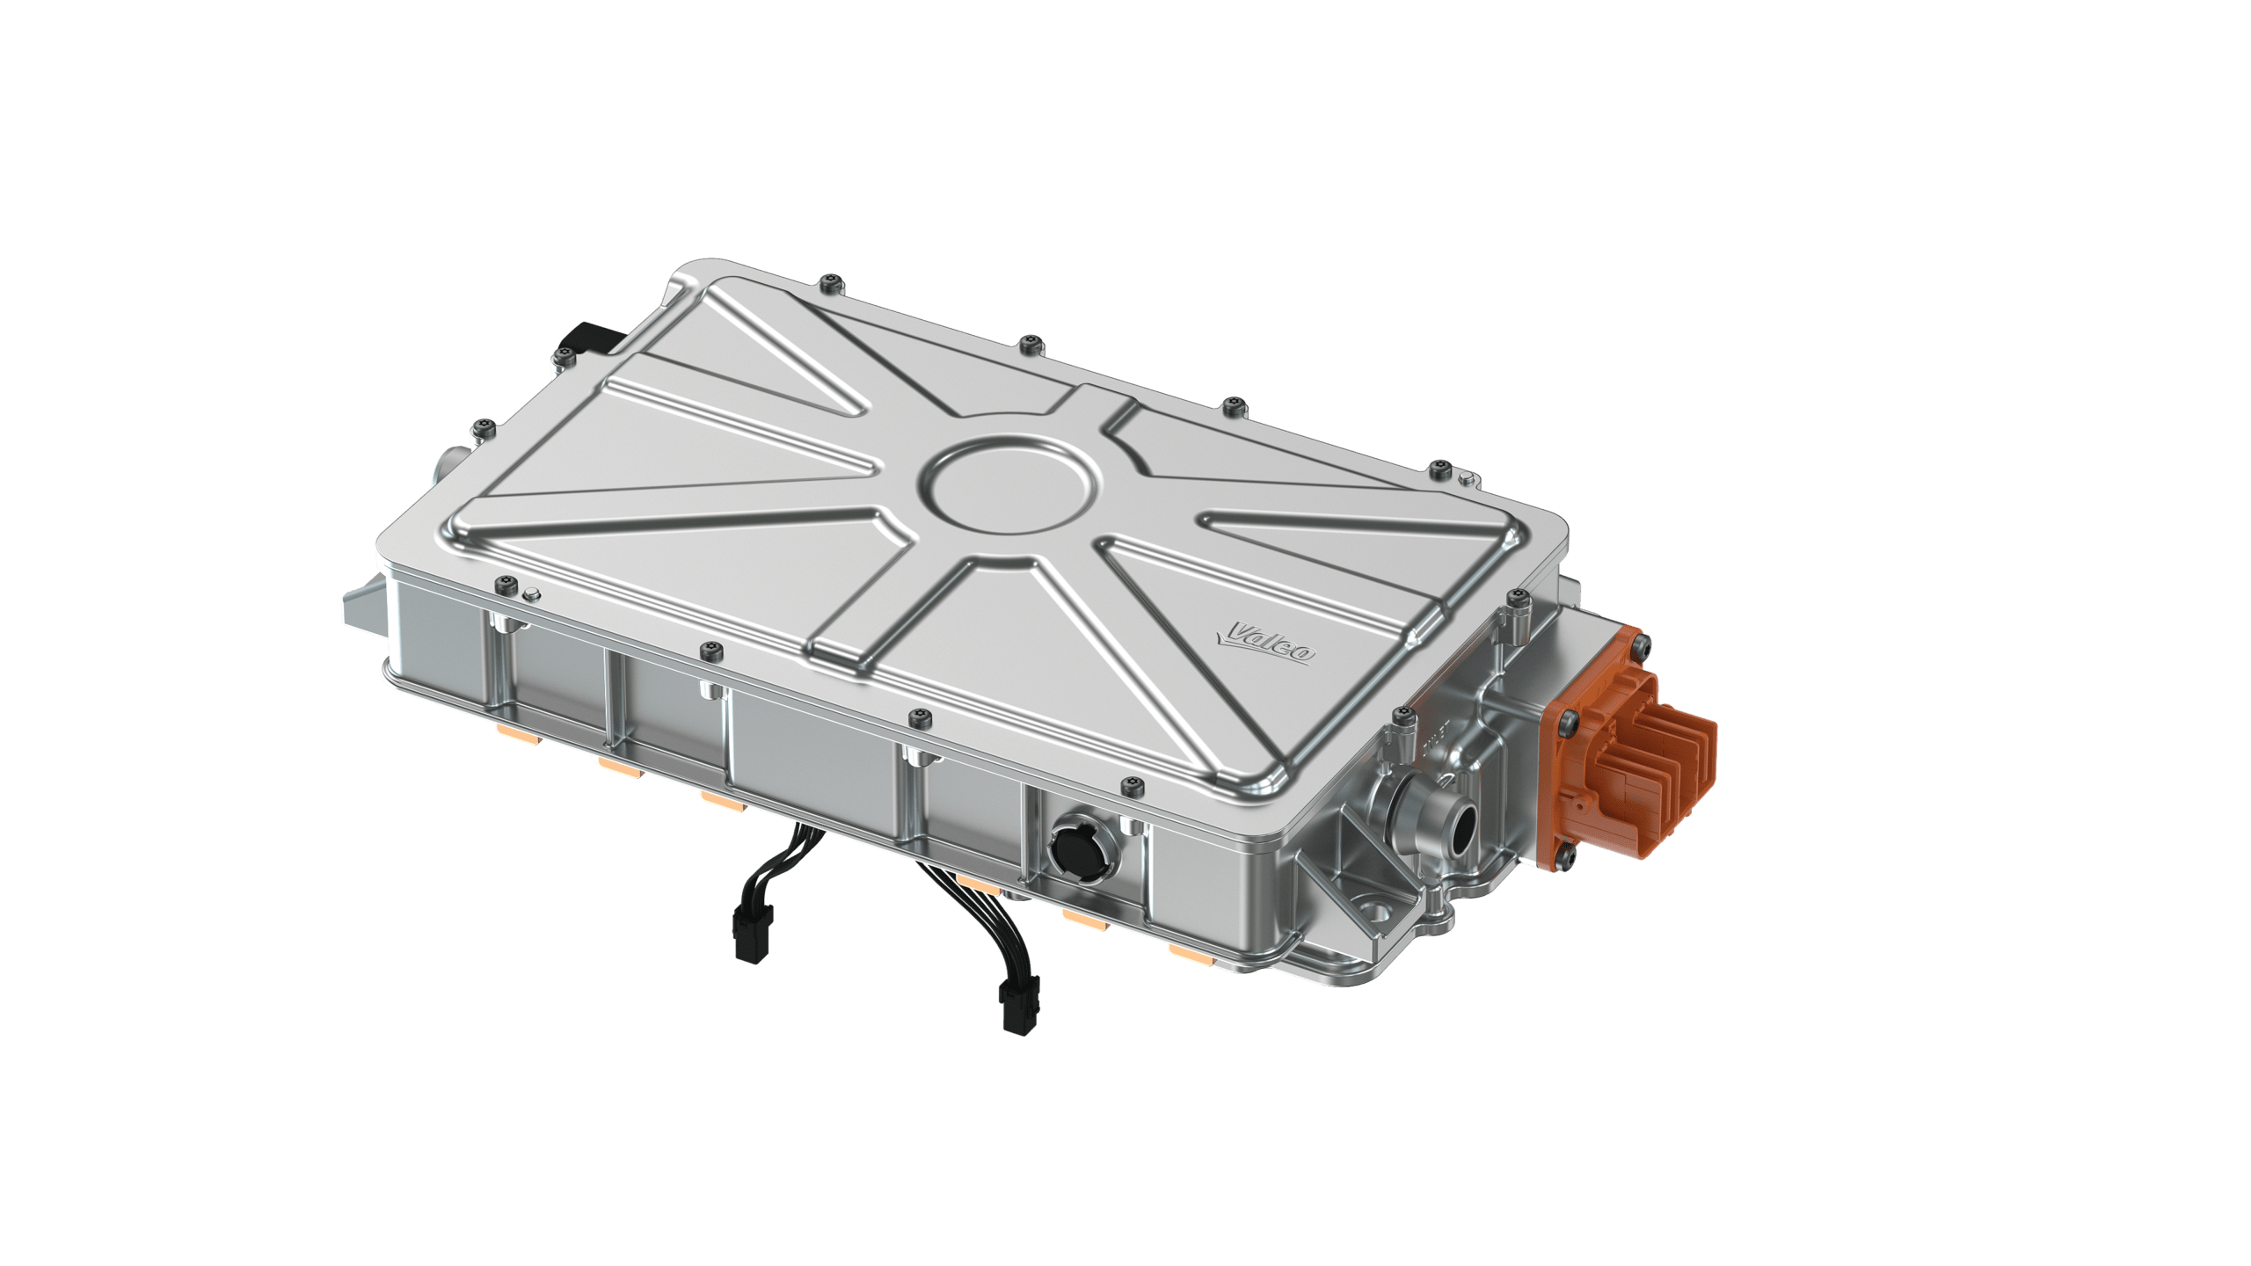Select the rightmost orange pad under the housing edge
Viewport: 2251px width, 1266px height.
(x=1187, y=953)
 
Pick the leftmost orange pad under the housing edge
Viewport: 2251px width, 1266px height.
(x=511, y=729)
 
